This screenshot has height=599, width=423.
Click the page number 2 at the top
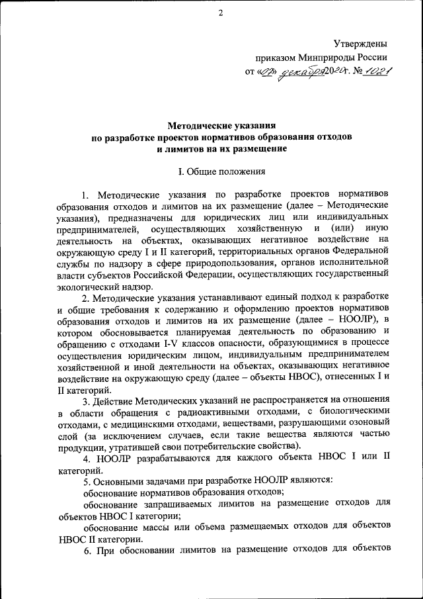click(221, 13)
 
